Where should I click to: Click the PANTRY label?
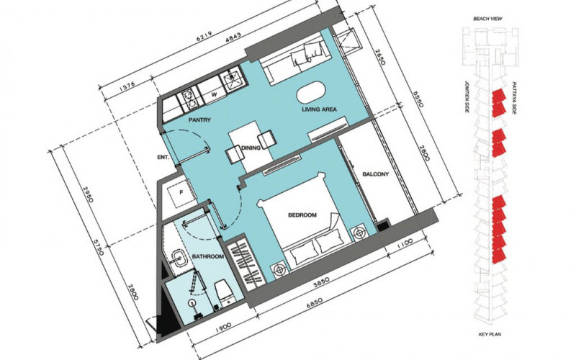click(x=198, y=122)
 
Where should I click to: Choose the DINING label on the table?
click(x=251, y=148)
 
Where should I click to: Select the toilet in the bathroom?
click(x=223, y=292)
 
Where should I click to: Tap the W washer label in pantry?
click(x=214, y=94)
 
